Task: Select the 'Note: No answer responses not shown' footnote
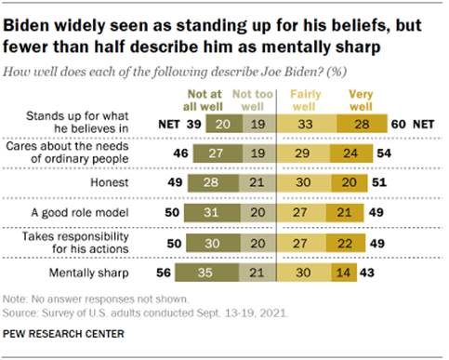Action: (x=93, y=300)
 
